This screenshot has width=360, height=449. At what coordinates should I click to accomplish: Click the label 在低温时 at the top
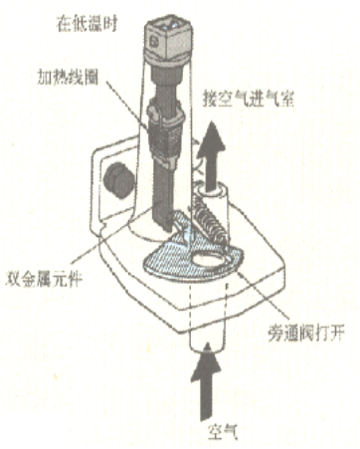tap(88, 24)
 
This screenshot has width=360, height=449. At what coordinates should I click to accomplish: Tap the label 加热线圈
tap(68, 79)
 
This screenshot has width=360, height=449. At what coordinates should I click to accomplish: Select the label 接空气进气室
tap(249, 99)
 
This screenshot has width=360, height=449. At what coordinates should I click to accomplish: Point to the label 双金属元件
tap(44, 280)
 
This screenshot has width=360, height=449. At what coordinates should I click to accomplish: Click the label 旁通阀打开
tap(306, 333)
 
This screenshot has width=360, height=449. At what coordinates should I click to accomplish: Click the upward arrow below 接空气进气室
tap(211, 156)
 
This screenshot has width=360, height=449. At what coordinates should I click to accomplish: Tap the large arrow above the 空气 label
tap(206, 381)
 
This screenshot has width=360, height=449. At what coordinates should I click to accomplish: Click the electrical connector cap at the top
tap(168, 41)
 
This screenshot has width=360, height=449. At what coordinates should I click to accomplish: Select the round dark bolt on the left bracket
tap(118, 180)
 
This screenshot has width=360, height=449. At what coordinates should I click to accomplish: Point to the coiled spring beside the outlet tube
tap(211, 220)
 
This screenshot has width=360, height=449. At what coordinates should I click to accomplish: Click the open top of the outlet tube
tap(212, 191)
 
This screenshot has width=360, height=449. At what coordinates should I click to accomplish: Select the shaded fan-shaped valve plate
tap(193, 252)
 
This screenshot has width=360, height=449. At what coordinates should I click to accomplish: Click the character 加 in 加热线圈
tap(45, 79)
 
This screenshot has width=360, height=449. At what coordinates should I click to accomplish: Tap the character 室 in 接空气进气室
tap(286, 99)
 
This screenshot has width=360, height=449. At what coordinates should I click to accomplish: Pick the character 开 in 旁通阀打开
tap(337, 333)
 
